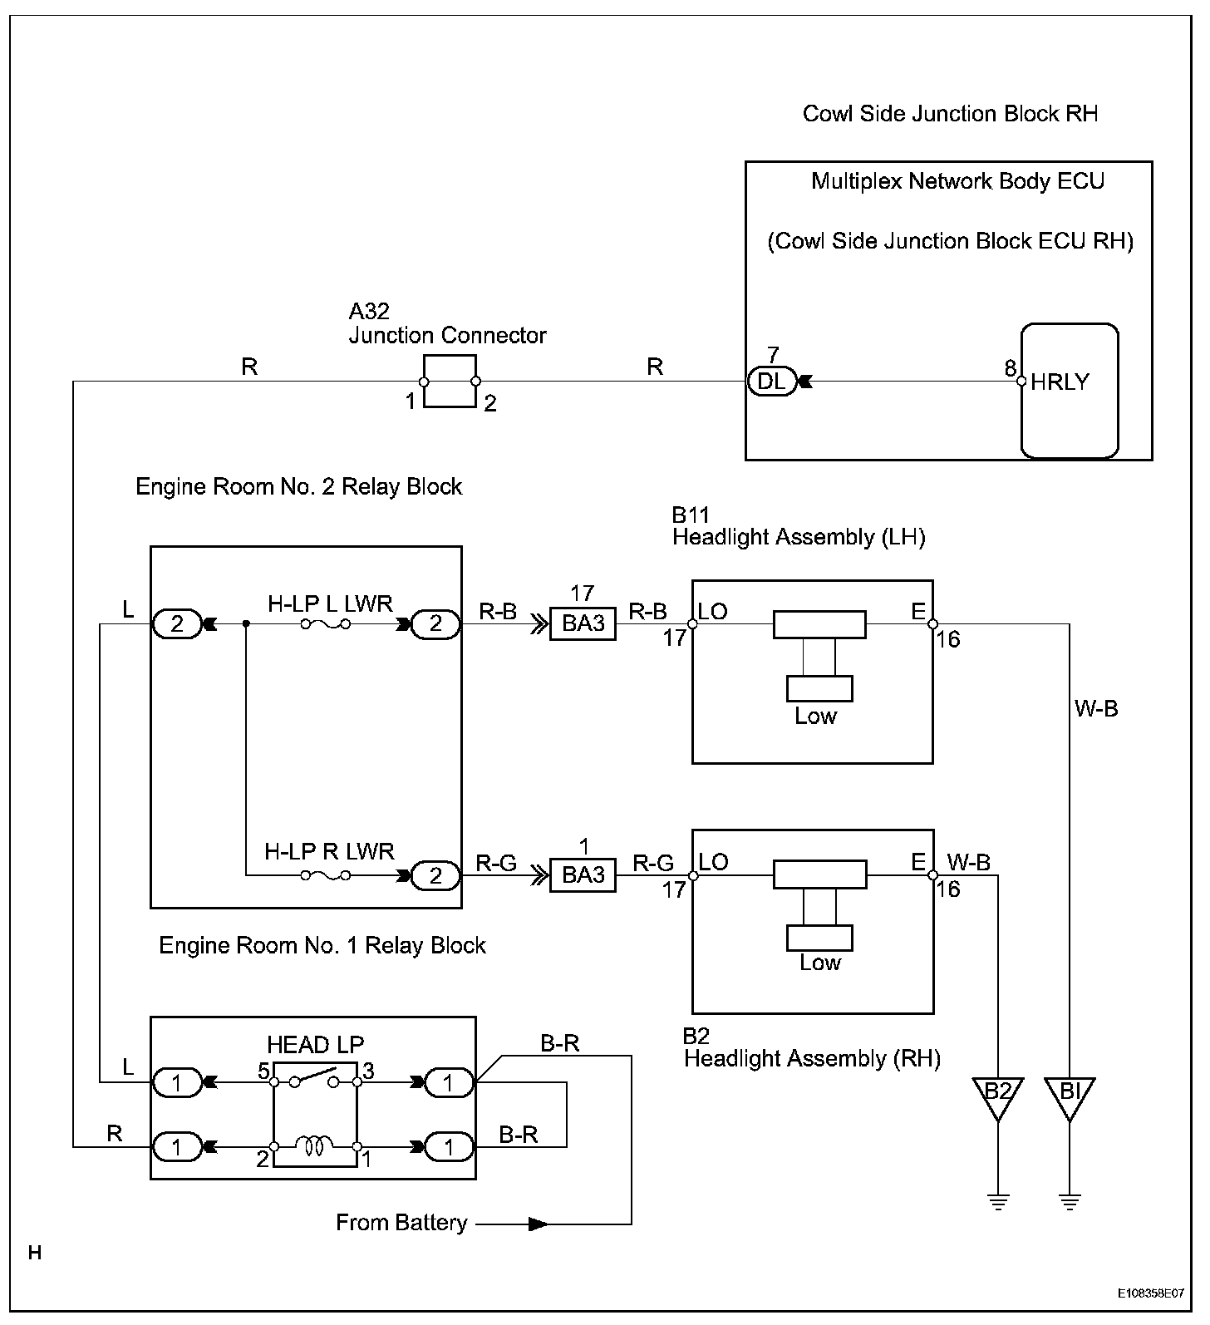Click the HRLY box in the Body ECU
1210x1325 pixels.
[1070, 391]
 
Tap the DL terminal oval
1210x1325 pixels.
[772, 382]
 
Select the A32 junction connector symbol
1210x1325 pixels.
[450, 382]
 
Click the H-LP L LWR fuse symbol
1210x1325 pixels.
[325, 624]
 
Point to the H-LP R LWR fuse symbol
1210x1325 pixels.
[325, 875]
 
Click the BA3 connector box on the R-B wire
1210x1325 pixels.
[583, 623]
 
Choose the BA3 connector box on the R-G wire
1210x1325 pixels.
[583, 875]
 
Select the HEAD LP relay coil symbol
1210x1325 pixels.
[315, 1147]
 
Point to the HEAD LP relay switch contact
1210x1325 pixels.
[315, 1077]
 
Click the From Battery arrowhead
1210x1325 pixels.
[539, 1224]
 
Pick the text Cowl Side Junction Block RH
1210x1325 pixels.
[950, 114]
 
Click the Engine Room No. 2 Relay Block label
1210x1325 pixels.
[298, 486]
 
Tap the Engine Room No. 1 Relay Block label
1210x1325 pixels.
[322, 945]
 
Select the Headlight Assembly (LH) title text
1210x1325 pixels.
[799, 537]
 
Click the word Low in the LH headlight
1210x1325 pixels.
[815, 716]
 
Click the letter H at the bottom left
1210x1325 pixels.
[34, 1253]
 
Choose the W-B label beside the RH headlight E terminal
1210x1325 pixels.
[969, 863]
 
